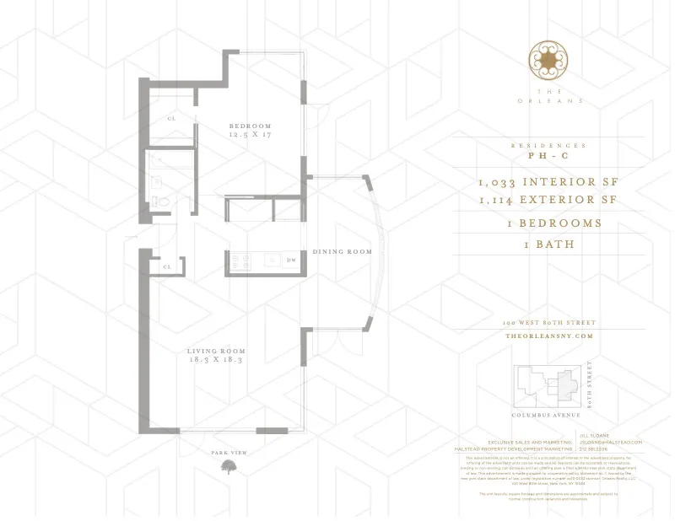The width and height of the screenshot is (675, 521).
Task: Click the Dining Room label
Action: click(342, 252)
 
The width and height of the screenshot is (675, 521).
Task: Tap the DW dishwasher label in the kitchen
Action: click(291, 261)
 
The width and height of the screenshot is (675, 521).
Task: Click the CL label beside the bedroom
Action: click(170, 119)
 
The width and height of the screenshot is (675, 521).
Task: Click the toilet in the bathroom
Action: click(162, 200)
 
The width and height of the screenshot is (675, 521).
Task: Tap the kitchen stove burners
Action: click(239, 261)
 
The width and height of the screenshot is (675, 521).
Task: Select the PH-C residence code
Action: click(548, 157)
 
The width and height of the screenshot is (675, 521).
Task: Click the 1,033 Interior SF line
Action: click(548, 182)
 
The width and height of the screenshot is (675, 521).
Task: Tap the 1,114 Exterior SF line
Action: click(548, 201)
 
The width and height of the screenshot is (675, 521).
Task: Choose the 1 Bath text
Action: click(548, 244)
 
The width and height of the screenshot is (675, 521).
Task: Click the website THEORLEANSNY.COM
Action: click(548, 336)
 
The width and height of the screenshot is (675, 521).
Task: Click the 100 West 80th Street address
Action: click(548, 323)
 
